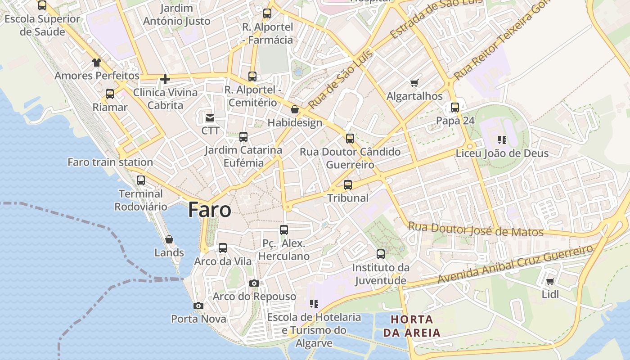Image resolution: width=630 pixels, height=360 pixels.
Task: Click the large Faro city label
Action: (210, 210)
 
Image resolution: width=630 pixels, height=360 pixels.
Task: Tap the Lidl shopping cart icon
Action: (550, 282)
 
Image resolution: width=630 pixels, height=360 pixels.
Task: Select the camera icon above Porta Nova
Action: (198, 306)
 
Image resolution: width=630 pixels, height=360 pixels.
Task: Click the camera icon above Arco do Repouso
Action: (254, 283)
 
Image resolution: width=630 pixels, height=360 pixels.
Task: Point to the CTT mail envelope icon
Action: (210, 118)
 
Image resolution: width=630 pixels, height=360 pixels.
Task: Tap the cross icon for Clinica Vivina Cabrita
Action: (165, 80)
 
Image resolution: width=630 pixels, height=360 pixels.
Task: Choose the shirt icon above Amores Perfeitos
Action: (97, 63)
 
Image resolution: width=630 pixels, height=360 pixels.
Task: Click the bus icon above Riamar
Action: (110, 94)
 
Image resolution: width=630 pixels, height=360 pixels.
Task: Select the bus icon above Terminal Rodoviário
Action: (141, 180)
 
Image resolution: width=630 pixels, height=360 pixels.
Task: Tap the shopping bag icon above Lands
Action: (169, 239)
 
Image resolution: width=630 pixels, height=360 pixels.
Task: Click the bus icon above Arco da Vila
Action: (223, 248)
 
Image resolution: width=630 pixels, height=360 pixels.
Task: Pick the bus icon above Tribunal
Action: (348, 185)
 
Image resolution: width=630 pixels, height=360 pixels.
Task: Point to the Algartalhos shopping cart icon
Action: (414, 83)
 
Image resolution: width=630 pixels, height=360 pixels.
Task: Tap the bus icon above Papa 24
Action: (455, 108)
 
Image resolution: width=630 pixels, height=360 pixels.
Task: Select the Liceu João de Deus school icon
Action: (502, 140)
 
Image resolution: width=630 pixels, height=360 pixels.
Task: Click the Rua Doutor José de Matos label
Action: (476, 229)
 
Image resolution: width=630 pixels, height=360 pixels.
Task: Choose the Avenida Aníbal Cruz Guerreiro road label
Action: (515, 265)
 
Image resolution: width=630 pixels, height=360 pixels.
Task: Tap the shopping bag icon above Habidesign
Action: (295, 109)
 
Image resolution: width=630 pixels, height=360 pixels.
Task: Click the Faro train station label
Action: (110, 162)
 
